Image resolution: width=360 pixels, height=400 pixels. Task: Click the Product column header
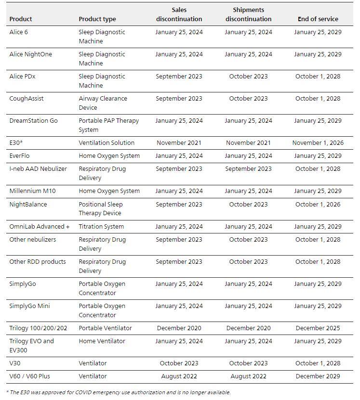[x=21, y=19]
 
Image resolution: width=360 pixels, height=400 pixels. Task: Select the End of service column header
[x=318, y=19]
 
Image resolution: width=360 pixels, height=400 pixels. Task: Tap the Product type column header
[x=97, y=19]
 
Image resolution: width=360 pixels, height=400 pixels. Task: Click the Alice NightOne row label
[x=31, y=54]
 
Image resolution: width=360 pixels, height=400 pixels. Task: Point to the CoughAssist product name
[x=27, y=99]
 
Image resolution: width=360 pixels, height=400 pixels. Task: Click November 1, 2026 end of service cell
[x=318, y=143]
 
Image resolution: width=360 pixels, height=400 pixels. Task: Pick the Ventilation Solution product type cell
[x=107, y=143]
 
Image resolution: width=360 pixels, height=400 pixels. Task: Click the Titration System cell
[x=101, y=227]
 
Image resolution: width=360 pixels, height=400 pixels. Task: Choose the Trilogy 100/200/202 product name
[x=39, y=328]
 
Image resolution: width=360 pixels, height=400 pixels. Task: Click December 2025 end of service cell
[x=318, y=328]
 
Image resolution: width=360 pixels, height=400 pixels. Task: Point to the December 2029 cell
[x=318, y=376]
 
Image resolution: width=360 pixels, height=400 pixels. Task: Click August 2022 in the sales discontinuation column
[x=179, y=376]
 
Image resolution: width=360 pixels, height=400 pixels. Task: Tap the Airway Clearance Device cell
[x=103, y=103]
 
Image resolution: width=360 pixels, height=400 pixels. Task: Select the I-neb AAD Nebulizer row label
[x=38, y=169]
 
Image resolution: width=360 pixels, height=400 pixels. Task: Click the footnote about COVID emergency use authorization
[x=119, y=392]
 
